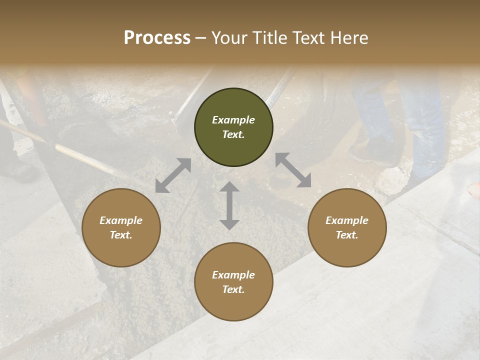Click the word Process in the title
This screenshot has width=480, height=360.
point(157,38)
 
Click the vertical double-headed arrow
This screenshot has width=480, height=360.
point(229,205)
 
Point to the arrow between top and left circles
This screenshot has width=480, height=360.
point(173,175)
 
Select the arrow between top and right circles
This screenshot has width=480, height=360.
point(293,170)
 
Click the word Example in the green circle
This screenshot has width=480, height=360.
point(233,120)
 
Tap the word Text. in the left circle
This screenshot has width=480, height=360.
point(121,235)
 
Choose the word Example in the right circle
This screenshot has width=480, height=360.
point(347,220)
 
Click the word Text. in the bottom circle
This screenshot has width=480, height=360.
point(233,289)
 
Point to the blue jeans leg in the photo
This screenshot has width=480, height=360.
point(425,125)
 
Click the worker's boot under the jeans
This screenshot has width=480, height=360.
point(372,152)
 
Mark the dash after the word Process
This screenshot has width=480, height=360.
point(201,38)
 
